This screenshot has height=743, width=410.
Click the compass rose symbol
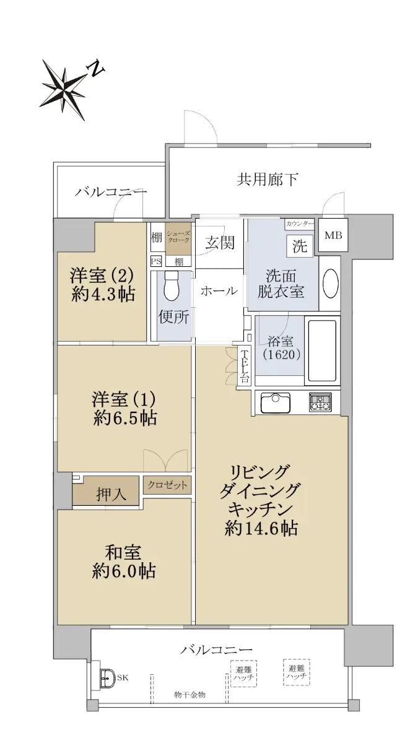[63, 89]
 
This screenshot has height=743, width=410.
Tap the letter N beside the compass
[96, 68]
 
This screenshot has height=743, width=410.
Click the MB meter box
[333, 235]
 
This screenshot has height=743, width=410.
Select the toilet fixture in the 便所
[171, 284]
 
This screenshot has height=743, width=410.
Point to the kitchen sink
[275, 402]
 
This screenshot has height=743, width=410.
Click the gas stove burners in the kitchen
[320, 402]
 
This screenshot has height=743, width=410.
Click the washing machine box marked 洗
[300, 246]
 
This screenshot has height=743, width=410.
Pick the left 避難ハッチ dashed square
[244, 674]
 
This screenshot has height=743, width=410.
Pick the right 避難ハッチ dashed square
[297, 672]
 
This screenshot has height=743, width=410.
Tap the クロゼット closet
[167, 485]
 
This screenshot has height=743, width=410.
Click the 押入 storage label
[111, 495]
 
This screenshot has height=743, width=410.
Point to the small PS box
[156, 261]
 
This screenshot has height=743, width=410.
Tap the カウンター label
[299, 224]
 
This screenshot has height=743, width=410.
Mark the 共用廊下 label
[267, 180]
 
